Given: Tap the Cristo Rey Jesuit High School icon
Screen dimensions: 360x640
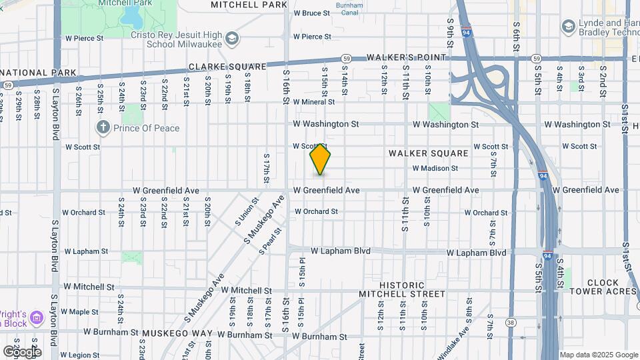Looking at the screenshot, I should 231,37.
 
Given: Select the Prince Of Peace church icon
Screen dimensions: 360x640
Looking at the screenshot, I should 103,126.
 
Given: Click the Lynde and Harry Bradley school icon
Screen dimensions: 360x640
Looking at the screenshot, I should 568,27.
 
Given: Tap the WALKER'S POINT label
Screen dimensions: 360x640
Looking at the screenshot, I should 412,57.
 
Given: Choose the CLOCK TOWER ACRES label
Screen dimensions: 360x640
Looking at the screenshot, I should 603,287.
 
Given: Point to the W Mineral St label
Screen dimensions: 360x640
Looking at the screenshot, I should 313,102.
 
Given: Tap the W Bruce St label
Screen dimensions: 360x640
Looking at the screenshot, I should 311,13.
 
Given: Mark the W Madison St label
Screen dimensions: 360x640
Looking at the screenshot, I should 435,169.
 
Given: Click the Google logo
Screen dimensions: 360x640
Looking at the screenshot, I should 22,351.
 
